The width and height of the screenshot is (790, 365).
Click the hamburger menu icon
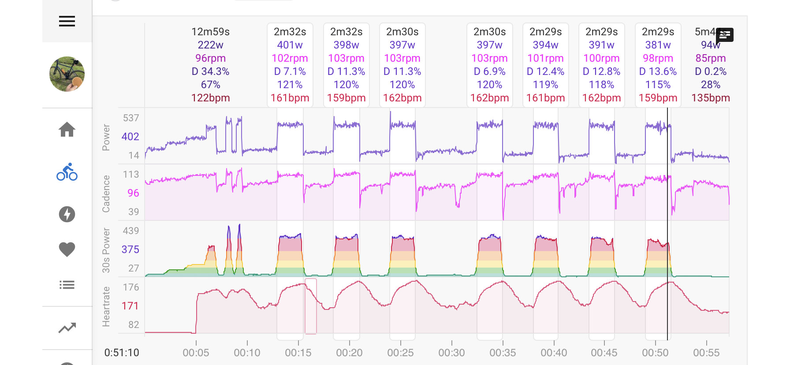tap(67, 21)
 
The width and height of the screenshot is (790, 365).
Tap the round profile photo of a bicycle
tap(67, 74)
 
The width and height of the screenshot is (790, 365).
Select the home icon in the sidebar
tap(67, 130)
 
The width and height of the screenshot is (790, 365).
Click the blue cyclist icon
tap(67, 172)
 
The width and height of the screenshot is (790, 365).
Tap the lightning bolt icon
tap(67, 214)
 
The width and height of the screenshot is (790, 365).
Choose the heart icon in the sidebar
tap(67, 250)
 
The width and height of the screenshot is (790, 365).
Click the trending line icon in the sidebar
tap(67, 328)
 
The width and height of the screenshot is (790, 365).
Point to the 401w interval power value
tap(290, 45)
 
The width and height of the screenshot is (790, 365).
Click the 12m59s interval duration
tap(211, 32)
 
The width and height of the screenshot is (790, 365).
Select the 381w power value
tap(658, 45)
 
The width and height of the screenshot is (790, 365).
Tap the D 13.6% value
tap(658, 71)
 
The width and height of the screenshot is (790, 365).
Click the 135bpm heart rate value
tap(711, 98)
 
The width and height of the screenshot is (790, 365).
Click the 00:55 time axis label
tap(706, 353)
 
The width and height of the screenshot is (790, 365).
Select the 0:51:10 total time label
tap(122, 353)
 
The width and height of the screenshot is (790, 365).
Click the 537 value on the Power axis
tap(131, 118)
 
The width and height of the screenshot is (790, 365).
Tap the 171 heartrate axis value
tap(130, 306)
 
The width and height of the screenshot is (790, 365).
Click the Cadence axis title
tap(106, 194)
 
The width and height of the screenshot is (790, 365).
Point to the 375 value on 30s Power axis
tap(130, 250)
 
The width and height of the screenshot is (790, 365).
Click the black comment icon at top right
tap(725, 34)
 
